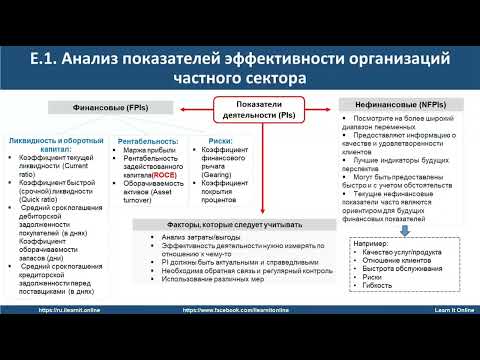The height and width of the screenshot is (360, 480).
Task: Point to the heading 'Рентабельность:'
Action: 149,141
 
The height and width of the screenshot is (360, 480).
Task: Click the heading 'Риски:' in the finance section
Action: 221,141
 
